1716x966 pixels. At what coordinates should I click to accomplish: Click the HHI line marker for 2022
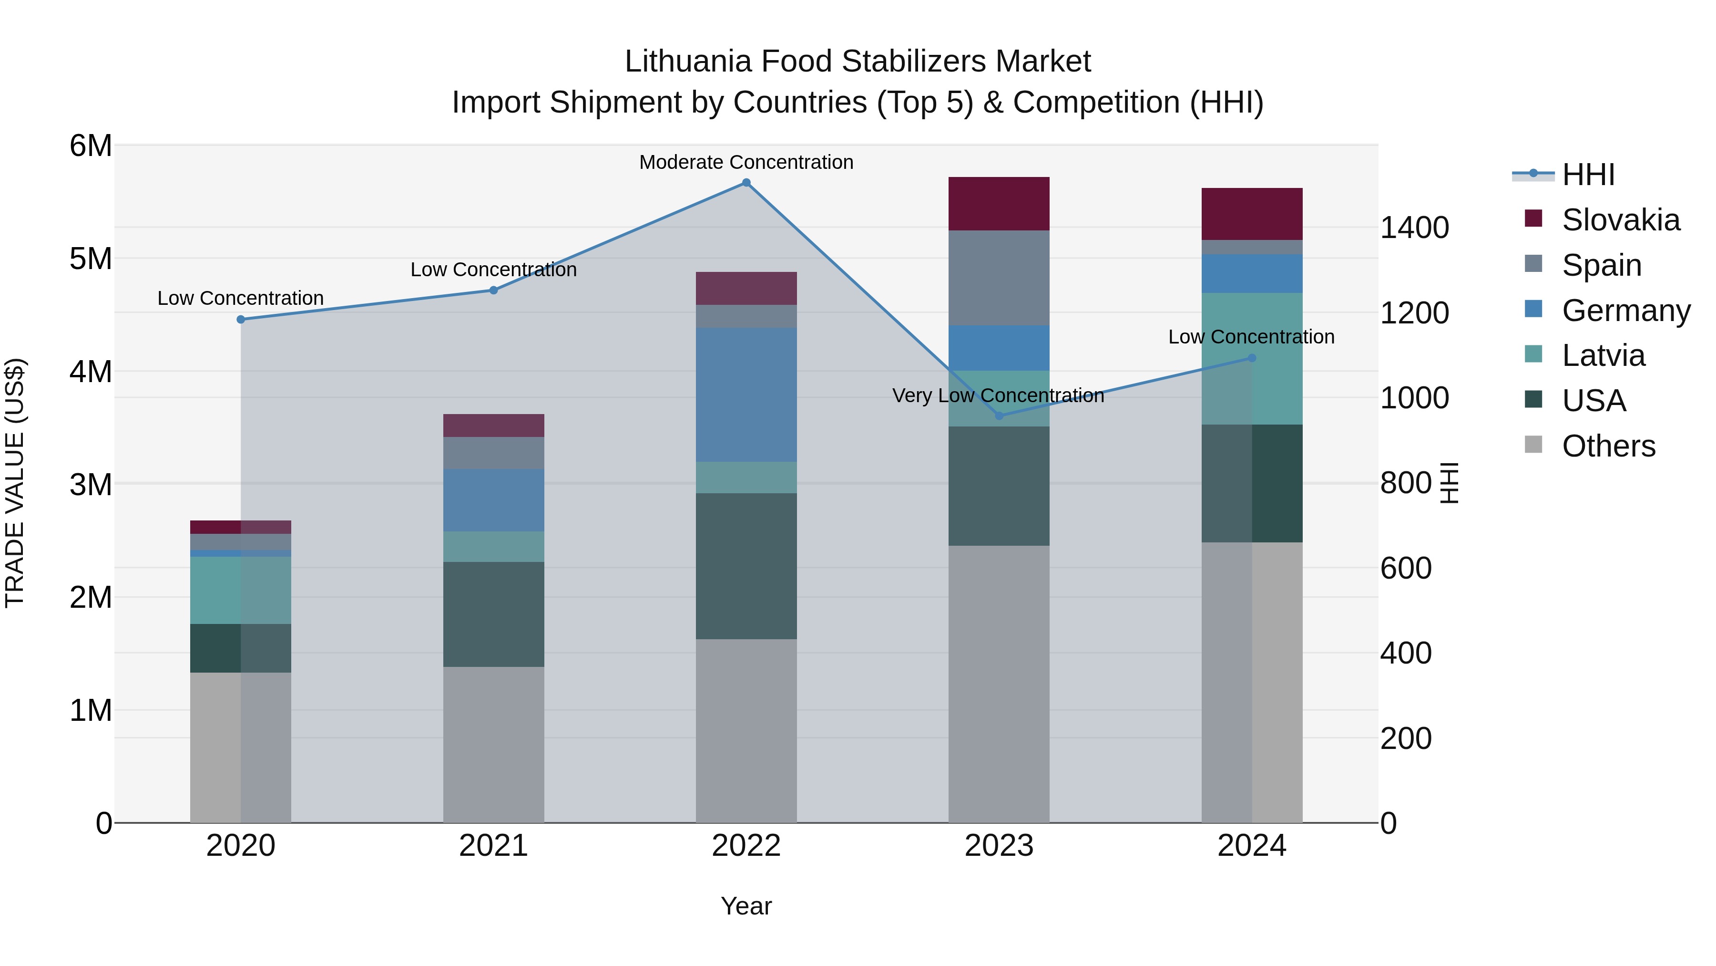[x=746, y=183]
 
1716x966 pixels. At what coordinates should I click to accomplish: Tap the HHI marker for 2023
[x=999, y=416]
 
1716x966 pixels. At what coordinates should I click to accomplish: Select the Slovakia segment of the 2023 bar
[x=999, y=203]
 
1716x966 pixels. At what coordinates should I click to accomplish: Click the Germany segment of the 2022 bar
[x=746, y=394]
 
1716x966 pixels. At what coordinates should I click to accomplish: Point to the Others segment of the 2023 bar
[x=999, y=683]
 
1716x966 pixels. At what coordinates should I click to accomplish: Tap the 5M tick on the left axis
[x=91, y=259]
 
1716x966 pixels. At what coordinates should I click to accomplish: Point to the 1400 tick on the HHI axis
[x=1414, y=228]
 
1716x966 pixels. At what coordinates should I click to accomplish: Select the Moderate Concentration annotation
[x=746, y=162]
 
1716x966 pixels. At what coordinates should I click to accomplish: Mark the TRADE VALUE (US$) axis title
[x=15, y=483]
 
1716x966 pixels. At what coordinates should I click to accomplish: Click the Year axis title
[x=746, y=906]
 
